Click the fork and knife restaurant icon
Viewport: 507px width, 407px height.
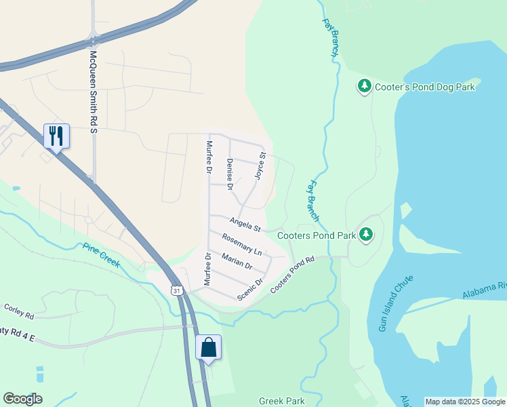click(x=56, y=136)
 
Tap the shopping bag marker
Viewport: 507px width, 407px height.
click(x=208, y=347)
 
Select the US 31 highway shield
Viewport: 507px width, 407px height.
click(x=176, y=290)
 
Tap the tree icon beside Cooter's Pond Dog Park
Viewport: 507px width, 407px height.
click(x=365, y=86)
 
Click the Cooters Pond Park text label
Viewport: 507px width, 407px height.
click(x=317, y=235)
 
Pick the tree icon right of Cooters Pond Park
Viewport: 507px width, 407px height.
click(x=367, y=235)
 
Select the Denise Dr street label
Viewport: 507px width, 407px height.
click(x=230, y=174)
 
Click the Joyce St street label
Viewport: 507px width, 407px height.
click(x=259, y=166)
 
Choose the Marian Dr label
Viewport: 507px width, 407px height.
click(x=237, y=259)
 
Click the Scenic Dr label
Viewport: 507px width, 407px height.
click(x=250, y=290)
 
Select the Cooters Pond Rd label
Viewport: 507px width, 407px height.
click(x=293, y=274)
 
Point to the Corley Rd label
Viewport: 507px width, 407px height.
click(x=19, y=311)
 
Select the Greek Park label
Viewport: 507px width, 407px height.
click(x=282, y=401)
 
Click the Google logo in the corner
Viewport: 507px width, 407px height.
click(x=22, y=399)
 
